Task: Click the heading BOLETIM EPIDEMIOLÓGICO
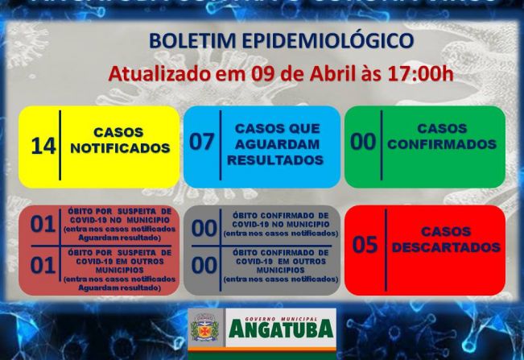click(x=282, y=41)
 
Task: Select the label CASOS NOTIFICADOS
click(x=119, y=140)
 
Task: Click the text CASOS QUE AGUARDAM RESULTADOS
click(x=275, y=143)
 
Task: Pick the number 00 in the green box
click(x=363, y=143)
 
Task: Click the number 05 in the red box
click(x=365, y=244)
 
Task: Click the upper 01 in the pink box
click(x=42, y=225)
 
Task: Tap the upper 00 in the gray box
click(x=204, y=229)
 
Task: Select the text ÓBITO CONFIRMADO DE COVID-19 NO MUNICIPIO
click(x=280, y=224)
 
